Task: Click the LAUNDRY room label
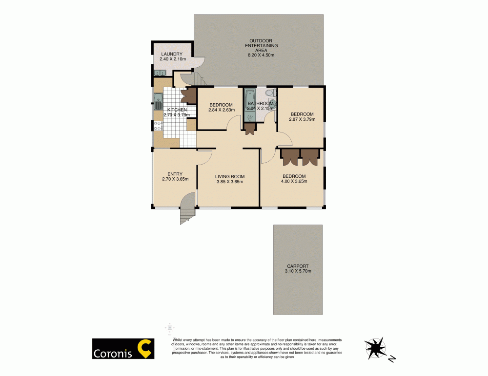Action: (171, 54)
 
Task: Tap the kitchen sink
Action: (158, 102)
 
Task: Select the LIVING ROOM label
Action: (230, 176)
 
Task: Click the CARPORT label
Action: (297, 266)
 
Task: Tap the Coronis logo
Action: (123, 349)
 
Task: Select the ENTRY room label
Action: (175, 174)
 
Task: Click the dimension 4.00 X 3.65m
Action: (294, 182)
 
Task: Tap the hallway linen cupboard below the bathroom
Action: (250, 129)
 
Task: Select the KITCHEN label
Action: (177, 110)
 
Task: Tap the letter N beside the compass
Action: (391, 360)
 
